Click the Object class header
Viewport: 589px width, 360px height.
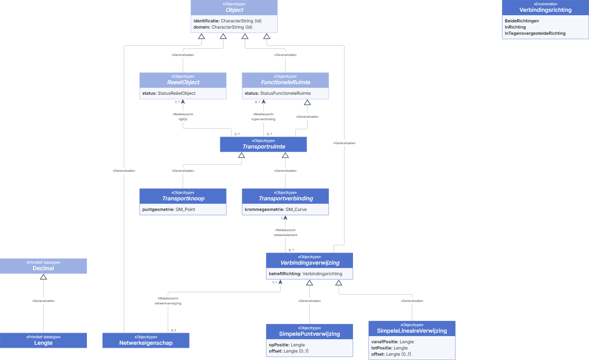(234, 7)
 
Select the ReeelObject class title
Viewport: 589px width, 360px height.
(183, 82)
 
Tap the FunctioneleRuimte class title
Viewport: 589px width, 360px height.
(286, 82)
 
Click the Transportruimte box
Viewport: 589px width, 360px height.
(263, 144)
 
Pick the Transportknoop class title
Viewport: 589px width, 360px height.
(183, 198)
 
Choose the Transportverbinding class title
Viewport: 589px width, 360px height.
(286, 198)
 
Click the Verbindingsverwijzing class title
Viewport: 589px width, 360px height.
(310, 263)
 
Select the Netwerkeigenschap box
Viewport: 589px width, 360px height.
(146, 340)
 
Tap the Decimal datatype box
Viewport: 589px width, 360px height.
(43, 266)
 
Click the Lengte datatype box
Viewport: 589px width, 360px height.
(43, 340)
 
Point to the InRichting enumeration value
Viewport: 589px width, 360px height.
(515, 27)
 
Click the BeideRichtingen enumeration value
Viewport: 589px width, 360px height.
(522, 21)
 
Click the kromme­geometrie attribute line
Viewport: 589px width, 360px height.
(275, 209)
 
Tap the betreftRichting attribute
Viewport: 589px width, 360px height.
(306, 274)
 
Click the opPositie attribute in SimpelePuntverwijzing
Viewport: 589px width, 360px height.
(287, 345)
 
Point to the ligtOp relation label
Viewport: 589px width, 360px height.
(183, 119)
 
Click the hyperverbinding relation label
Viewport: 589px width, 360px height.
(263, 119)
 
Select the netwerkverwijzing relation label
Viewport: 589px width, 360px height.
(168, 303)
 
